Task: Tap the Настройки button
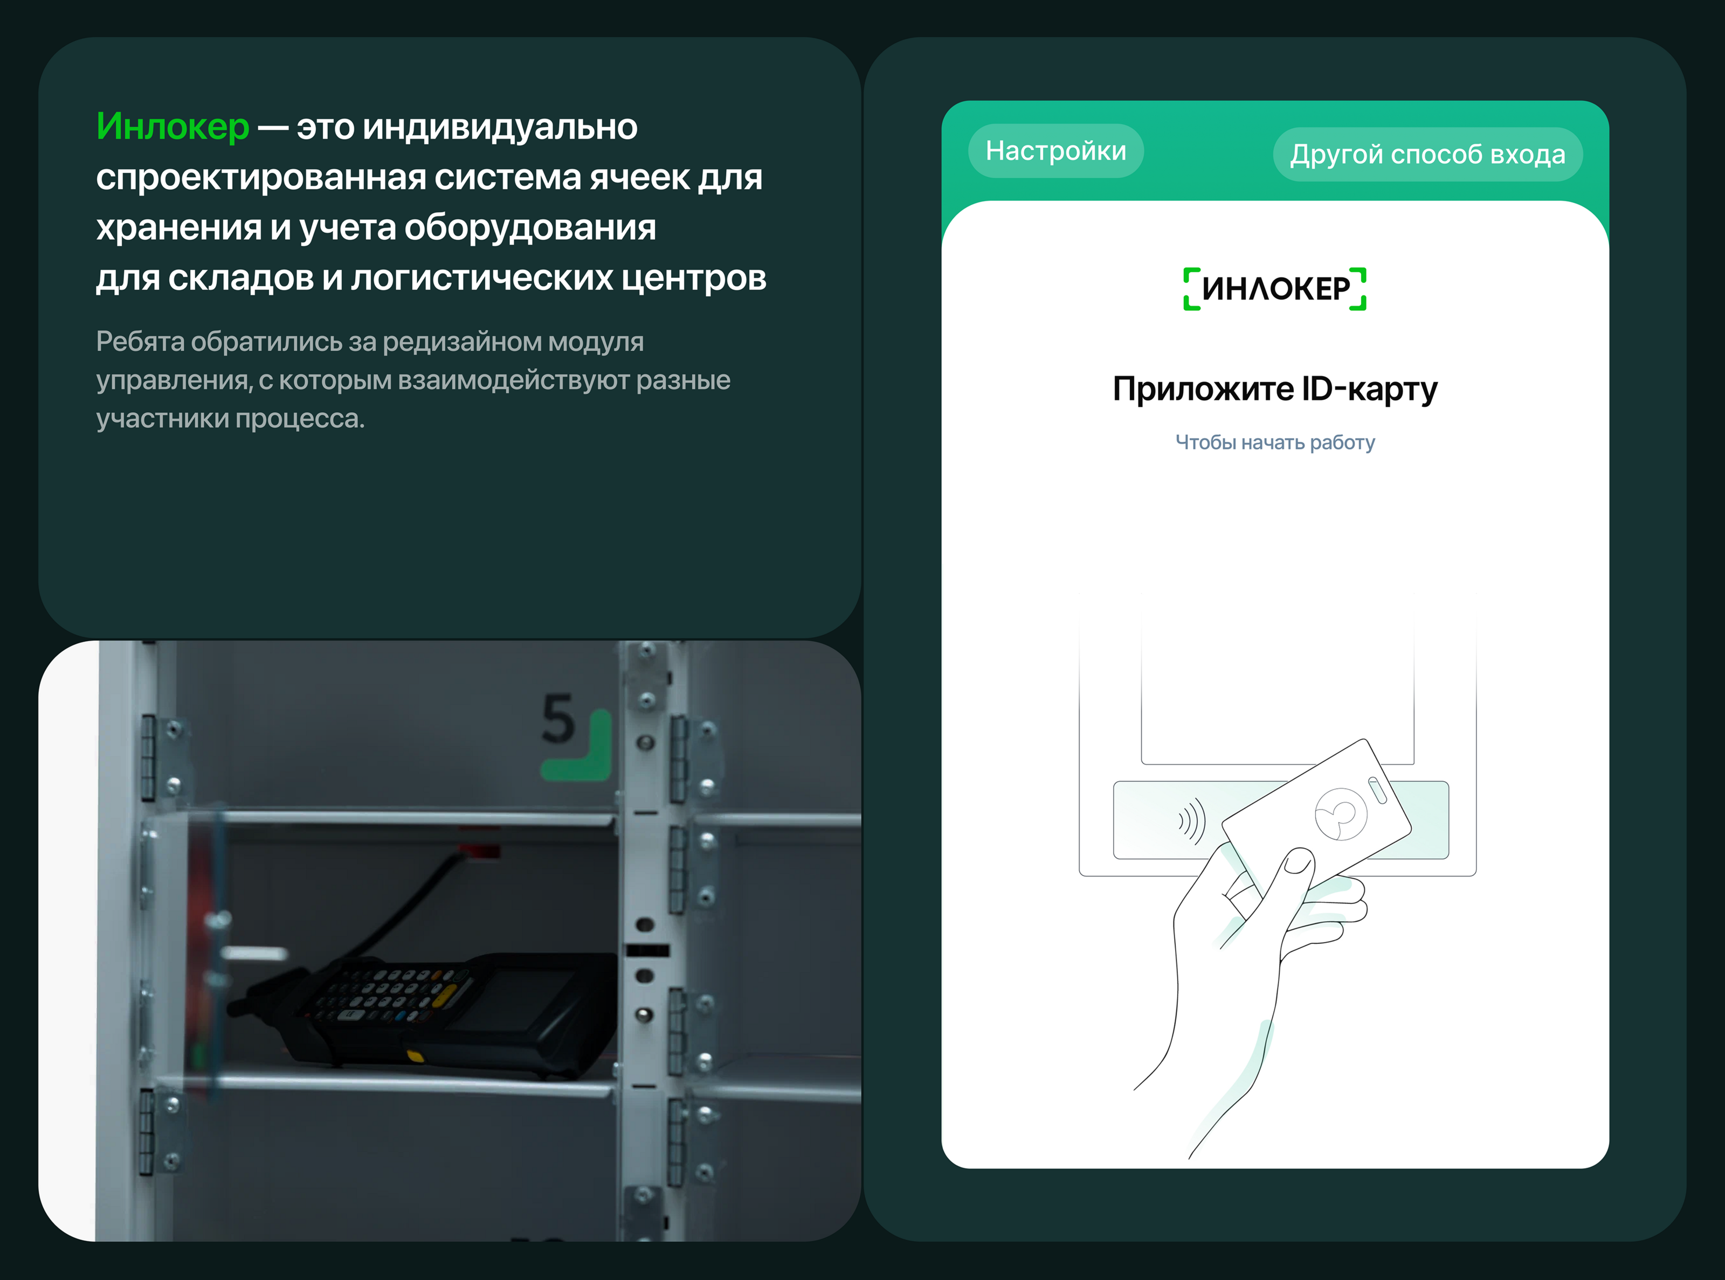click(x=1056, y=150)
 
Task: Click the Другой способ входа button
click(x=1427, y=154)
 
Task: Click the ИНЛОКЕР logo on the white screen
click(x=1274, y=289)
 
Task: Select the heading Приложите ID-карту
click(x=1274, y=389)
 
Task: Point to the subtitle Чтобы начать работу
click(x=1274, y=442)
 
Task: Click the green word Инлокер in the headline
click(x=172, y=126)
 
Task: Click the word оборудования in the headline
click(x=530, y=228)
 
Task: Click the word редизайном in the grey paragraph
click(x=463, y=342)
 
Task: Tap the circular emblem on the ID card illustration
click(x=1341, y=813)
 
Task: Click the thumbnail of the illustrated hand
click(x=1299, y=860)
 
